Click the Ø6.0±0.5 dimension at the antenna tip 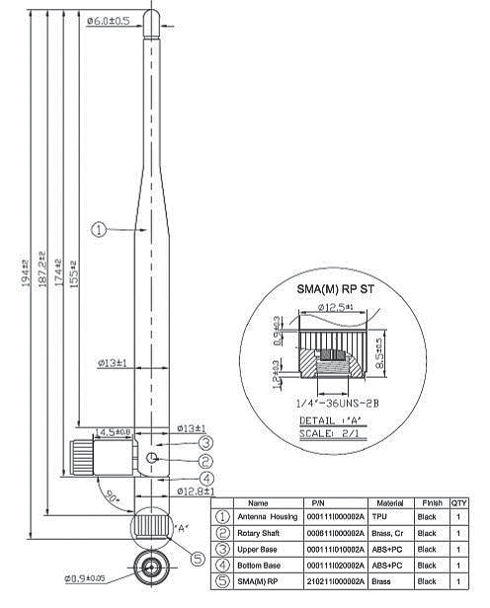point(108,20)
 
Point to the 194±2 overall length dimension point(26,266)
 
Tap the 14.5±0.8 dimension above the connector point(111,431)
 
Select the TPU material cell point(380,516)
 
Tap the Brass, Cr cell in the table point(389,532)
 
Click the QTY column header point(459,502)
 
